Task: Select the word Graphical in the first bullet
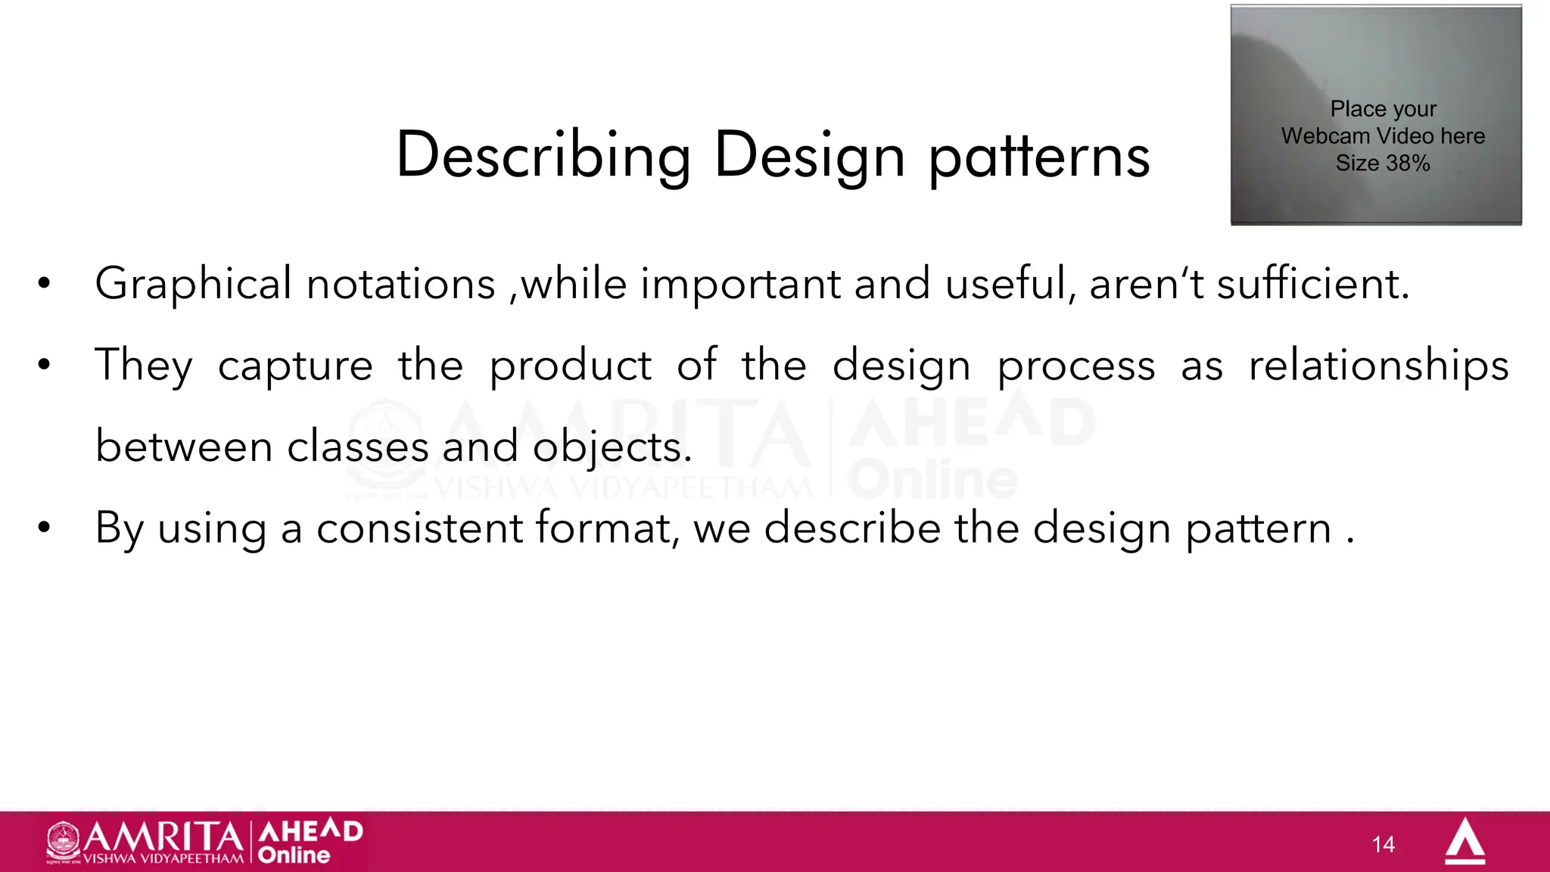coord(193,285)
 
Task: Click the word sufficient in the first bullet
coord(1313,285)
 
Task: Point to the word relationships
coord(1378,366)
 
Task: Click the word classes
coord(357,447)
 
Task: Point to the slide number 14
coord(1383,845)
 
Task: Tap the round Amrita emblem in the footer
coord(64,841)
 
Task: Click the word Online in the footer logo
coord(294,855)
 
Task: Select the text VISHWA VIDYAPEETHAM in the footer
coord(163,859)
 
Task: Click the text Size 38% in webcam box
coord(1383,163)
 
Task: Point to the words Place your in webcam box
coord(1383,110)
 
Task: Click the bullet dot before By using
coord(44,528)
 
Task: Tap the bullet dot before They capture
coord(44,366)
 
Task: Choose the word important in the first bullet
coord(740,285)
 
